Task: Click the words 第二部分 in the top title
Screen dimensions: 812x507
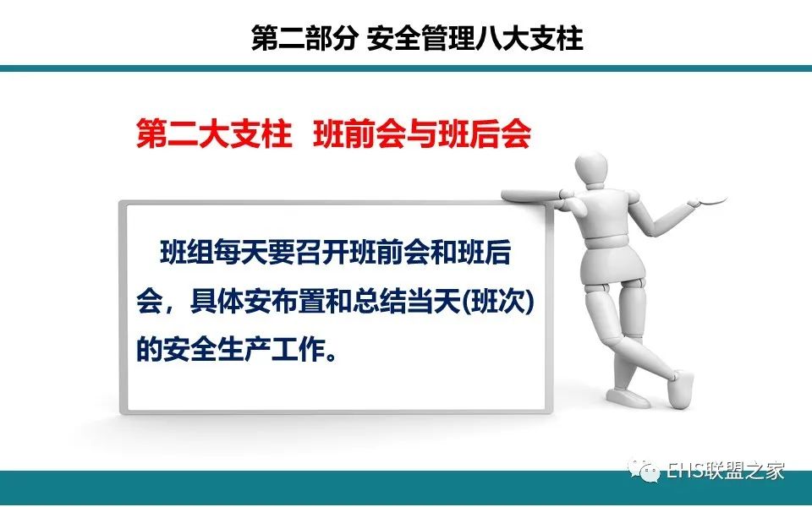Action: (x=304, y=38)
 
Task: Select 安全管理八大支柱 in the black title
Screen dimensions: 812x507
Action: (x=475, y=38)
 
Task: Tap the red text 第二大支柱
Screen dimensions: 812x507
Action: (x=214, y=134)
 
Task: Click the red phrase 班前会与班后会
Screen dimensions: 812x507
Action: (x=422, y=134)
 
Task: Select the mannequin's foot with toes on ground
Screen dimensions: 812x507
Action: (x=680, y=389)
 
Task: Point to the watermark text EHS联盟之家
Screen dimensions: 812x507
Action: (x=725, y=471)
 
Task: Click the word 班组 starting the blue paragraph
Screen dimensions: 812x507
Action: (x=186, y=253)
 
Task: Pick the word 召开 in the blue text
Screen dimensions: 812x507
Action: (x=321, y=253)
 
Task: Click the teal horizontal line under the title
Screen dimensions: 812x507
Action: (x=406, y=68)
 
